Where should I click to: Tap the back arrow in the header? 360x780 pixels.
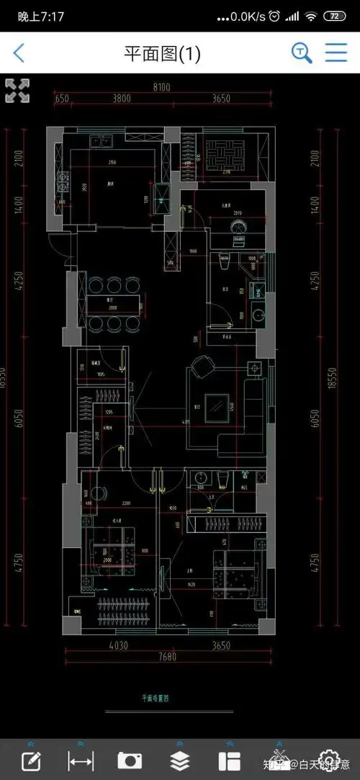(x=19, y=53)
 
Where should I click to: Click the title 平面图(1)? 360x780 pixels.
(x=162, y=53)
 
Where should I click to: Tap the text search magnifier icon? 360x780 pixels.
(x=301, y=53)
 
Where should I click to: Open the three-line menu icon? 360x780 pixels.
(x=336, y=53)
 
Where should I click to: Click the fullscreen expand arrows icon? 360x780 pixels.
(x=17, y=91)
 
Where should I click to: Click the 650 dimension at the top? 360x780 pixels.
(x=61, y=99)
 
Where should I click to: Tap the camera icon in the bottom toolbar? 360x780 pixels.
(x=130, y=760)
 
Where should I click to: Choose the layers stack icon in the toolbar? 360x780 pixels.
(x=179, y=760)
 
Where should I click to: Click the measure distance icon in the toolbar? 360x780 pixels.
(x=80, y=760)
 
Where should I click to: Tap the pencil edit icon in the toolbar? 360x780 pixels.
(x=30, y=760)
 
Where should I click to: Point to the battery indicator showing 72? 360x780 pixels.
(x=334, y=16)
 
